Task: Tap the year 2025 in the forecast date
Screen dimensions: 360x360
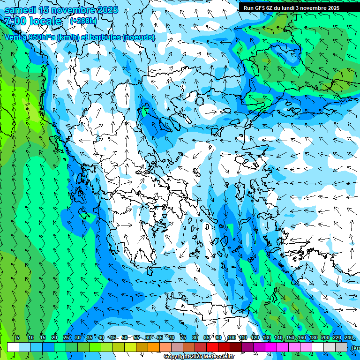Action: [105, 10]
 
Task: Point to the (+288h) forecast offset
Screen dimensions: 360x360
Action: [83, 21]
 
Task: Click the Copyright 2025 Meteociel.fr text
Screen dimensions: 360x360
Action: [199, 357]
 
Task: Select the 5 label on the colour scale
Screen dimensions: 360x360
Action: [18, 337]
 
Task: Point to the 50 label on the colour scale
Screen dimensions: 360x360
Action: [125, 337]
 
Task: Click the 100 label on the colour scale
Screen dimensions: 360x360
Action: [232, 337]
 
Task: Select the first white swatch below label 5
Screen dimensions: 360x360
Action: [13, 347]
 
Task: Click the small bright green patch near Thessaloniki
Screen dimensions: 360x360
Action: [145, 112]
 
